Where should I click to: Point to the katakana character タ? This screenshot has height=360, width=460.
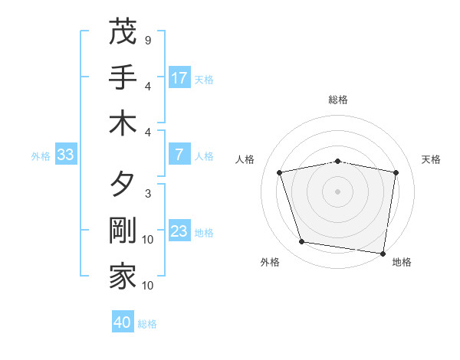tap(123, 186)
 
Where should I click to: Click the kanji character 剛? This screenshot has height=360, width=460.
tap(123, 232)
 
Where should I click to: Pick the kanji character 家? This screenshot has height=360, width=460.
tap(123, 277)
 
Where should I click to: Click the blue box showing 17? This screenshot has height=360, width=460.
tap(179, 78)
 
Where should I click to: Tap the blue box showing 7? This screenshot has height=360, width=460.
tap(179, 155)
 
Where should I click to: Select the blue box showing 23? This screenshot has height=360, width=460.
tap(179, 232)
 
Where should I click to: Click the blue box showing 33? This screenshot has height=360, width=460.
tap(65, 155)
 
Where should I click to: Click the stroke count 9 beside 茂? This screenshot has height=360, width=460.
tap(147, 39)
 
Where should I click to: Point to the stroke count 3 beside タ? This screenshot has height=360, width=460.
tap(147, 194)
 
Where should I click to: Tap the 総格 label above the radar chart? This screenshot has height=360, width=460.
tap(338, 100)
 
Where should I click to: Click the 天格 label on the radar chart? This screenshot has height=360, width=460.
tap(431, 159)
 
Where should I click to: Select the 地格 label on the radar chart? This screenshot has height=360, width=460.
tap(402, 262)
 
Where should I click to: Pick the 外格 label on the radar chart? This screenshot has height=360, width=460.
tap(270, 262)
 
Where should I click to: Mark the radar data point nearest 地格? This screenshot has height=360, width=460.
tap(383, 252)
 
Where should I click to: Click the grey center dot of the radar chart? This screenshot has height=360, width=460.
tap(338, 191)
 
